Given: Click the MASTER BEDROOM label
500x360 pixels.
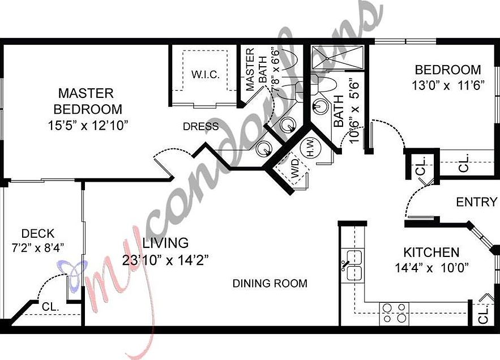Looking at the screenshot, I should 87,100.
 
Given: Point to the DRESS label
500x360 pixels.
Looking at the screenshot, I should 200,126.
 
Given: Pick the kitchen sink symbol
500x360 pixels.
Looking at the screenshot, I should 354,265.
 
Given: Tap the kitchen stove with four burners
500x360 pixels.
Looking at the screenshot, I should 394,312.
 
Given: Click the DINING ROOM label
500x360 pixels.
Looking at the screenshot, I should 270,283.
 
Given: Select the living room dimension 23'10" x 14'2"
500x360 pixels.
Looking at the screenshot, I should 165,260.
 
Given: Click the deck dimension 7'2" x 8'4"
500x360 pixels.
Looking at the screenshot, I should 38,247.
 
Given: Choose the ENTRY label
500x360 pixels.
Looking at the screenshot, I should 477,202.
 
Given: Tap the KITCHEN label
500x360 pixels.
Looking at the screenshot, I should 431,252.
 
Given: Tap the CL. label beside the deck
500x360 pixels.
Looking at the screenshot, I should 51,306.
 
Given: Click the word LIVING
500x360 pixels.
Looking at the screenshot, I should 165,243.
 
